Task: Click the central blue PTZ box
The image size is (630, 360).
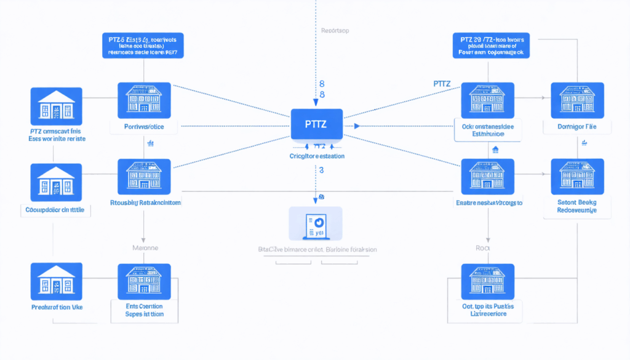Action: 316,124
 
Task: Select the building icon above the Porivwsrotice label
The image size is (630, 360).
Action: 144,100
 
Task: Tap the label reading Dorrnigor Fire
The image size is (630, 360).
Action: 578,127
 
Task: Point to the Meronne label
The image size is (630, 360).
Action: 146,247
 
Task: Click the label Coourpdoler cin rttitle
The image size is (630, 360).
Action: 57,210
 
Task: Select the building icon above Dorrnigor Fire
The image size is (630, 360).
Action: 577,100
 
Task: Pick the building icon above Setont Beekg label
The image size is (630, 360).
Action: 577,177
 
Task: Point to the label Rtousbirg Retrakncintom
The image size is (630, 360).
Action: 145,202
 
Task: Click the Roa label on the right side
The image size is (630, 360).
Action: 481,248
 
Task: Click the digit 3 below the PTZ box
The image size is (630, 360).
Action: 321,169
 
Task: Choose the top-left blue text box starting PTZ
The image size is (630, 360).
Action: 143,45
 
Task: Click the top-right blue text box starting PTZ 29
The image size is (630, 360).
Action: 490,45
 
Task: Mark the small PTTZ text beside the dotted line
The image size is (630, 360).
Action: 442,83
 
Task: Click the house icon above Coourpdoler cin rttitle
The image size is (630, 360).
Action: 56,182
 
